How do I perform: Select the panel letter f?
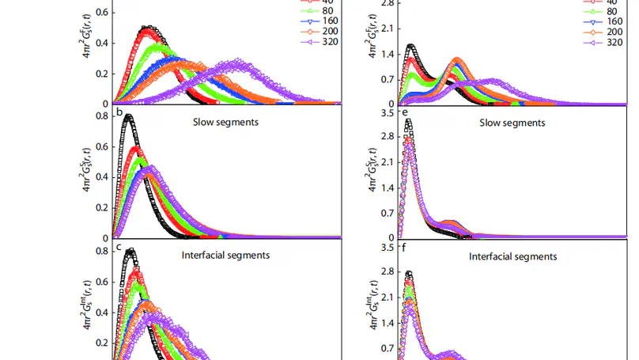click(406, 246)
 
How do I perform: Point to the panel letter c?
click(119, 246)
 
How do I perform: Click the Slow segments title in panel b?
click(225, 122)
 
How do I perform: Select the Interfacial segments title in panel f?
click(512, 256)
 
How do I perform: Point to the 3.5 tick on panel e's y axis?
click(386, 114)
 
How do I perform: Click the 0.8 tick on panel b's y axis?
click(100, 116)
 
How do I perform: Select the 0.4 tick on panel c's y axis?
click(100, 313)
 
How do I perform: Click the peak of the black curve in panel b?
click(127, 116)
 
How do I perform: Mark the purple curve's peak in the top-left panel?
click(236, 63)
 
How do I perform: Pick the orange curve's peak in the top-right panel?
click(457, 59)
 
